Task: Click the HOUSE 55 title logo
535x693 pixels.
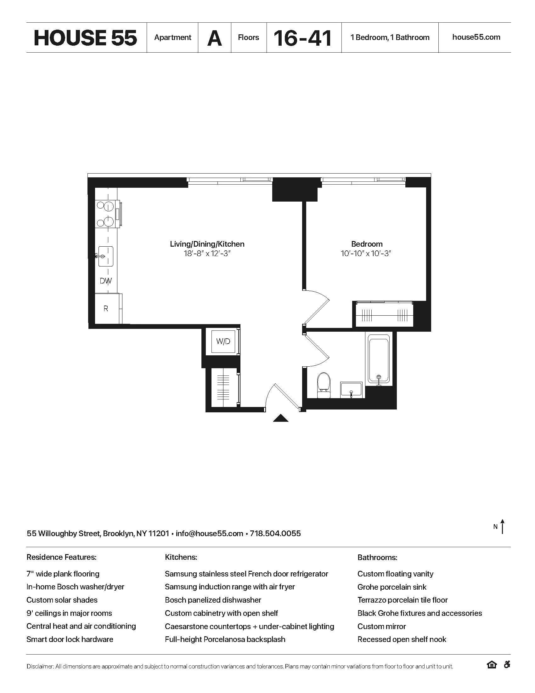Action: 85,38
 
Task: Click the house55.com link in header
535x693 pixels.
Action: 476,37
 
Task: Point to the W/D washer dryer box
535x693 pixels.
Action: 223,341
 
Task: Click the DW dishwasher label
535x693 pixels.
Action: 106,281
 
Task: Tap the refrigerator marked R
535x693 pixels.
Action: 106,308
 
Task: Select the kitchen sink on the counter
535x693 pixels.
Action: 105,256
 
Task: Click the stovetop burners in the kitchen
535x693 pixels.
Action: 106,214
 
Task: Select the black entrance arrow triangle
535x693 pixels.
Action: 281,418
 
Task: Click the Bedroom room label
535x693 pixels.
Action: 367,244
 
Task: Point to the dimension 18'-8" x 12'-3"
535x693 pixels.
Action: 207,254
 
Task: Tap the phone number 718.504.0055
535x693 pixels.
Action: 275,533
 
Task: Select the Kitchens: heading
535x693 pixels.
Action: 181,557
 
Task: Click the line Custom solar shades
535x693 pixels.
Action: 62,600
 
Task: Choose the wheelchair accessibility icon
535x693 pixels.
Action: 507,664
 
